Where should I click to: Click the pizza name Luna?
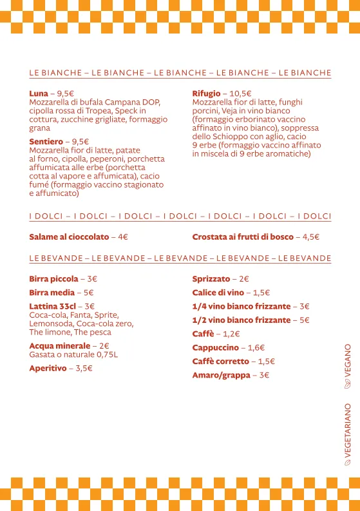pyautogui.click(x=38, y=93)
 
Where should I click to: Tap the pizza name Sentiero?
pyautogui.click(x=46, y=142)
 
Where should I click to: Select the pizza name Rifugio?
pyautogui.click(x=206, y=93)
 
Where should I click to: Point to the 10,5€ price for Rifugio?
pyautogui.click(x=241, y=93)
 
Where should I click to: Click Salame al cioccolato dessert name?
pyautogui.click(x=69, y=237)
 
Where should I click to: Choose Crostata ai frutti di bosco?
pyautogui.click(x=242, y=237)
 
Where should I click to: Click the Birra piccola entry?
pyautogui.click(x=53, y=279)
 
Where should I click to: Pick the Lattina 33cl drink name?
pyautogui.click(x=53, y=306)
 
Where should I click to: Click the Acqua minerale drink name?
pyautogui.click(x=59, y=346)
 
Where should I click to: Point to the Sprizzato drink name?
pyautogui.click(x=211, y=279)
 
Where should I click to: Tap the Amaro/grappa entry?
pyautogui.click(x=221, y=375)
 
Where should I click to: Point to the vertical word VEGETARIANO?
pyautogui.click(x=348, y=427)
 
